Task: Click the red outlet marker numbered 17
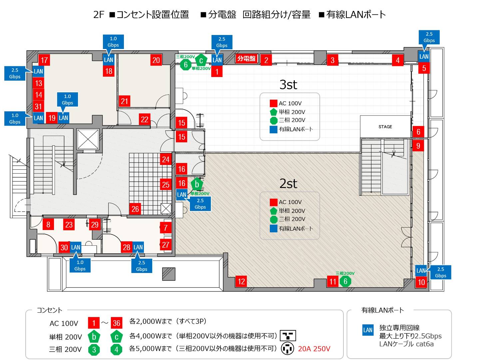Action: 44,60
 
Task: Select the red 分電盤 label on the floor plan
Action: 246,58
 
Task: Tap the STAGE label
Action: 385,127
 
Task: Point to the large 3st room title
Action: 288,85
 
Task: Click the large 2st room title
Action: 288,183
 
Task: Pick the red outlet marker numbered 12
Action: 241,282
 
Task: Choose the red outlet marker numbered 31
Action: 38,106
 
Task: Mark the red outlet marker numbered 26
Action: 135,209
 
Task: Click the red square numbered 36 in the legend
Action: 117,323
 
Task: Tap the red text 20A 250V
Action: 314,349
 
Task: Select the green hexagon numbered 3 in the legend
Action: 94,350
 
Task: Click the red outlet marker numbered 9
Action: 418,146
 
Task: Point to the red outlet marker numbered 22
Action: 144,119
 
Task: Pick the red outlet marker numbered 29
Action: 95,224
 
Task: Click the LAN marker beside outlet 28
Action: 138,247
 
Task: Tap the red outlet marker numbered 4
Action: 398,60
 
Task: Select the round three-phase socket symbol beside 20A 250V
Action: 287,349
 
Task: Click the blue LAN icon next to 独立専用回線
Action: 368,330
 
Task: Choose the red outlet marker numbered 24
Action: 166,159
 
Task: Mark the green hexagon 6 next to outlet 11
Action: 345,281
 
